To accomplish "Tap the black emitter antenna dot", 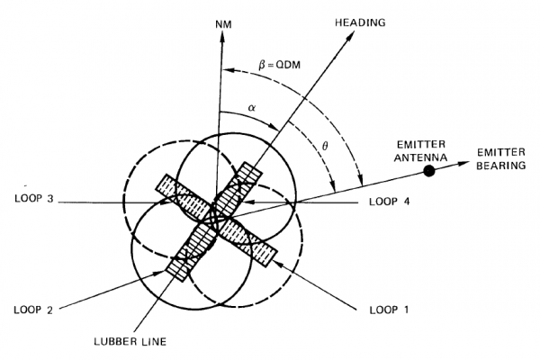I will (430, 169).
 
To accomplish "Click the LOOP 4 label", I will (390, 202).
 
